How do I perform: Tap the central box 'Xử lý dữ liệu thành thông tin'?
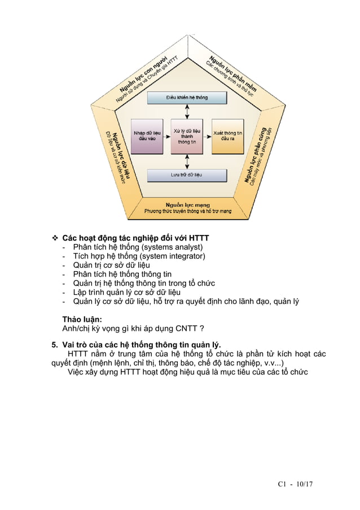[x=186, y=137]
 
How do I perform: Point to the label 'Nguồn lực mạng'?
[x=188, y=204]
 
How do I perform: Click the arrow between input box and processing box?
[x=167, y=137]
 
